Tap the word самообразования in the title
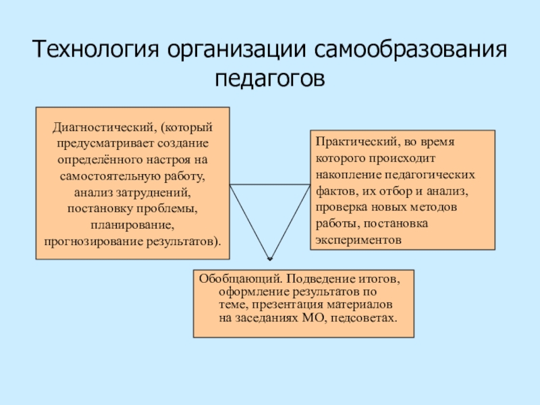[408, 51]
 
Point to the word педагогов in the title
[270, 78]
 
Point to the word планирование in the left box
[132, 223]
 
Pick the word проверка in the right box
[339, 207]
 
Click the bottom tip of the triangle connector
[269, 259]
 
